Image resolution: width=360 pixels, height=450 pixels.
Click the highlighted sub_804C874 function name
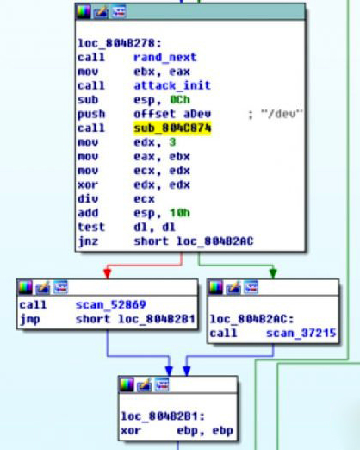tap(172, 128)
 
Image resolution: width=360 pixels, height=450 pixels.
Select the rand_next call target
tap(165, 57)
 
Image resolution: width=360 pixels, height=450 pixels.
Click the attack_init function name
tap(172, 85)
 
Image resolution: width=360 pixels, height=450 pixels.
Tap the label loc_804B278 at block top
tap(120, 43)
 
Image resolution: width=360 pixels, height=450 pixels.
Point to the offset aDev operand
tap(172, 114)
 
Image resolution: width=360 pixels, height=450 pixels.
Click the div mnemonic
tap(88, 198)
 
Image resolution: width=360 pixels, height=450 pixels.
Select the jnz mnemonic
tap(88, 241)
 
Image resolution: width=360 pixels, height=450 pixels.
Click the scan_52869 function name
tap(111, 304)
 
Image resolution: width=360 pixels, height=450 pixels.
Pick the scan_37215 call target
tap(301, 333)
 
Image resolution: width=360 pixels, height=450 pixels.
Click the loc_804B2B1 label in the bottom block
tap(163, 416)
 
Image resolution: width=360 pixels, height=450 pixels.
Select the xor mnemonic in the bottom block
tap(131, 430)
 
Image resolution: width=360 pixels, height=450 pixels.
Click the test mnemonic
tap(91, 227)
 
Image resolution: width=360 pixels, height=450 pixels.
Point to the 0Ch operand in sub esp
tap(180, 100)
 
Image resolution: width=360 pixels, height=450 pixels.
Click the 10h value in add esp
tap(180, 213)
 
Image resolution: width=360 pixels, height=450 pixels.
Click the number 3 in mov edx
tap(172, 142)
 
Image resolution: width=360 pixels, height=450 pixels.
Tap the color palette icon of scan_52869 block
tap(25, 287)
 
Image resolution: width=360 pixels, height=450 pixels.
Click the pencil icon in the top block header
tap(101, 12)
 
